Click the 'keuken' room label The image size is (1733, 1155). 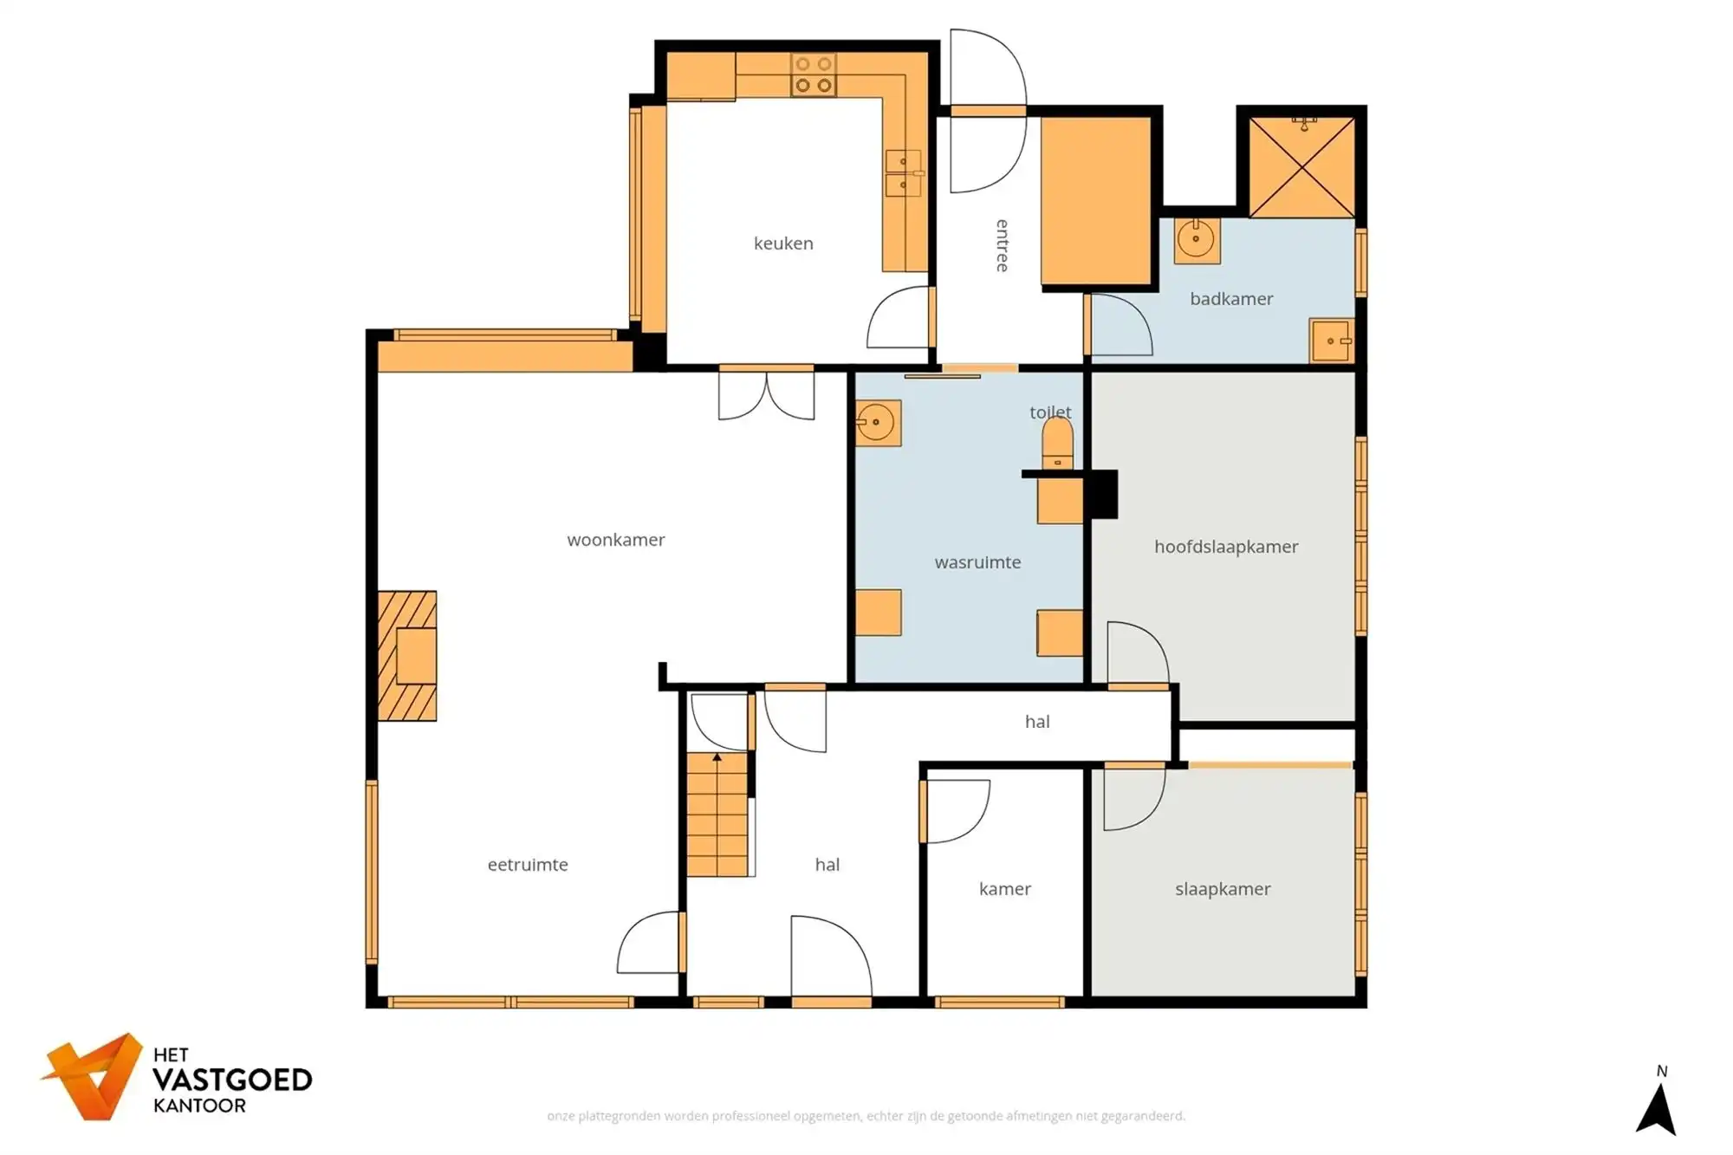[x=783, y=243]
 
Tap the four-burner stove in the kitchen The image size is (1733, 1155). [x=814, y=75]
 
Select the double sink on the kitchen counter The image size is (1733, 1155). [x=903, y=173]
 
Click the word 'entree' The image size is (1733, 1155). [x=1003, y=245]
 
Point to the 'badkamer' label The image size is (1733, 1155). [x=1230, y=299]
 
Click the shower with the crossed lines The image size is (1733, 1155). [x=1301, y=167]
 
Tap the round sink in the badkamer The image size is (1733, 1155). [x=1197, y=239]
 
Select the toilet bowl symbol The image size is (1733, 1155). [x=1057, y=443]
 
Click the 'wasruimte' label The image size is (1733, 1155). [x=977, y=562]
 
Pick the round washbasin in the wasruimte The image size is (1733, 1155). [x=878, y=423]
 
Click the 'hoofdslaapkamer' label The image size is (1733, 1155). [x=1225, y=547]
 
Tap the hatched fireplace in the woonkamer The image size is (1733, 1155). [x=407, y=656]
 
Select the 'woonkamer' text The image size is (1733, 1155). [x=615, y=540]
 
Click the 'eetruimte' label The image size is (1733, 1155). [x=527, y=865]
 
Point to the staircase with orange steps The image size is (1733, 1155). [x=717, y=814]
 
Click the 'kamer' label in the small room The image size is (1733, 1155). [x=1004, y=889]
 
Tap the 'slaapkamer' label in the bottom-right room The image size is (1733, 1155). [x=1222, y=889]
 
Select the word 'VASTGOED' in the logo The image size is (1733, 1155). [x=232, y=1080]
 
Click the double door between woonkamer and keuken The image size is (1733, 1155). [x=766, y=394]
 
